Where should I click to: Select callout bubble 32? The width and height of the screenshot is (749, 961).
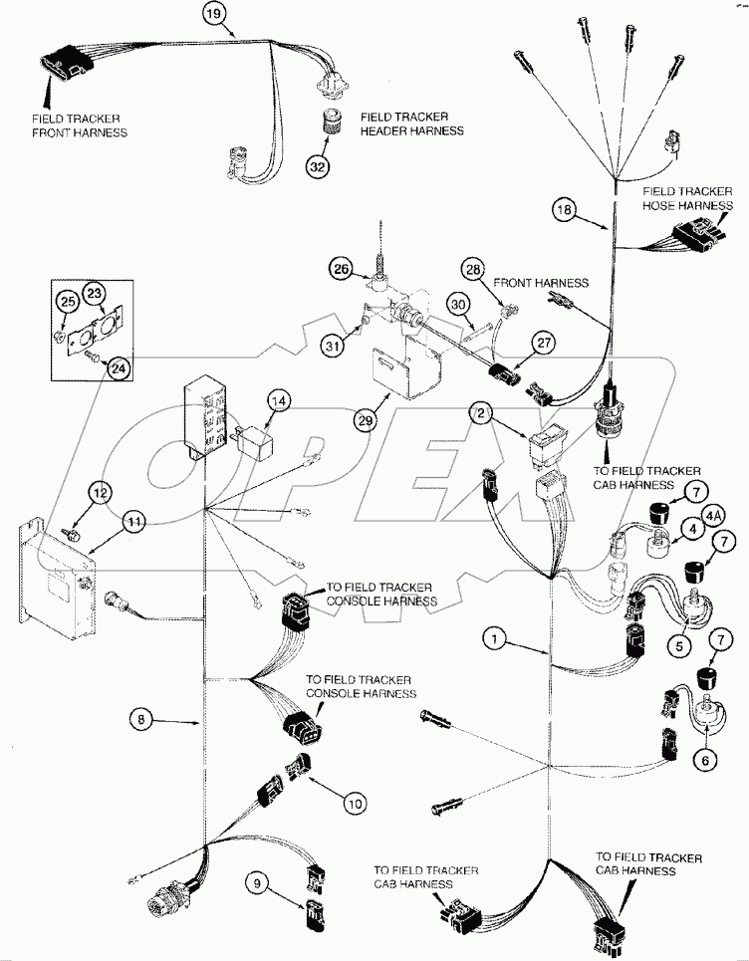pos(317,166)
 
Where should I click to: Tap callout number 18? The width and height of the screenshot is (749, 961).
pos(565,209)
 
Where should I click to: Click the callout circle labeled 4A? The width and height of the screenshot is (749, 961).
pos(713,515)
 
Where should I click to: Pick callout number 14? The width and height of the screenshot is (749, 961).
pos(279,401)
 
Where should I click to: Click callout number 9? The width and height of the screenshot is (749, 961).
pos(258,881)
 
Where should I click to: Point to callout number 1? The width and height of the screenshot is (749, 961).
pos(494,634)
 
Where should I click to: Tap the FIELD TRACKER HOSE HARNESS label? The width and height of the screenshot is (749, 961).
pos(686,197)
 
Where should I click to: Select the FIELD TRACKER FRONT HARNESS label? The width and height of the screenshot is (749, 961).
pos(79,124)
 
